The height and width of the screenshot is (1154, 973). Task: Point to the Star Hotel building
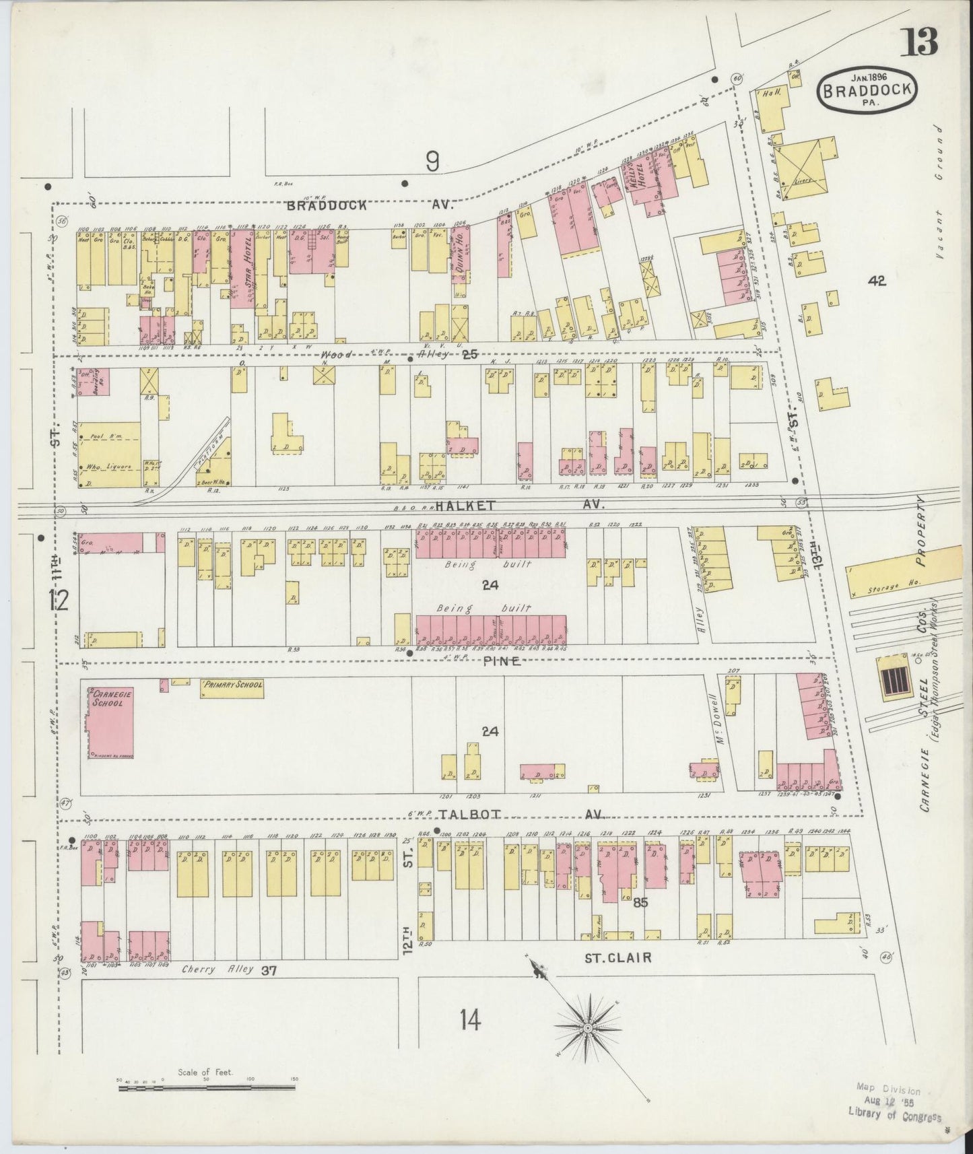[x=241, y=269]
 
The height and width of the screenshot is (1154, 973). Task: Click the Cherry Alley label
[x=217, y=969]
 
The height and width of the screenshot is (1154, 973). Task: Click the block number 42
[x=877, y=281]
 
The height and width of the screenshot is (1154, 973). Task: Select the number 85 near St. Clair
[x=640, y=903]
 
